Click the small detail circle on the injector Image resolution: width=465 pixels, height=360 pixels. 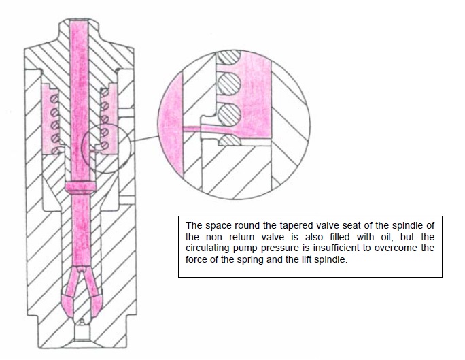(103, 146)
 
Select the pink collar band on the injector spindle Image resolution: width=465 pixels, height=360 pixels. (81, 187)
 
